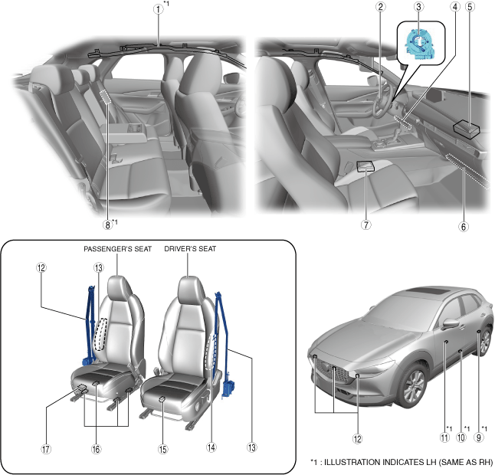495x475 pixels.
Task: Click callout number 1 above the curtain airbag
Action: (x=158, y=10)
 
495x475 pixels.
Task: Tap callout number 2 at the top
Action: (x=380, y=8)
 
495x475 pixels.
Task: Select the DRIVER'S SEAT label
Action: (x=191, y=249)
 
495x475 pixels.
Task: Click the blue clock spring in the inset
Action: (x=421, y=45)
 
